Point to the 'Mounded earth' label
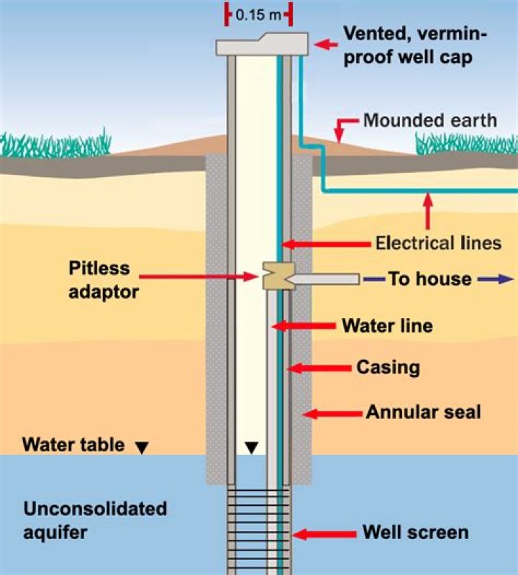point(430,119)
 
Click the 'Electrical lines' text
point(438,243)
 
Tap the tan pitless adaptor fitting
point(275,276)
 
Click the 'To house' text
point(430,279)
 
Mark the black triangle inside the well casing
point(250,448)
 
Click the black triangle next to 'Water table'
point(142,448)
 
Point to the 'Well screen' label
point(415,533)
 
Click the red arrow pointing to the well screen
point(323,534)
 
